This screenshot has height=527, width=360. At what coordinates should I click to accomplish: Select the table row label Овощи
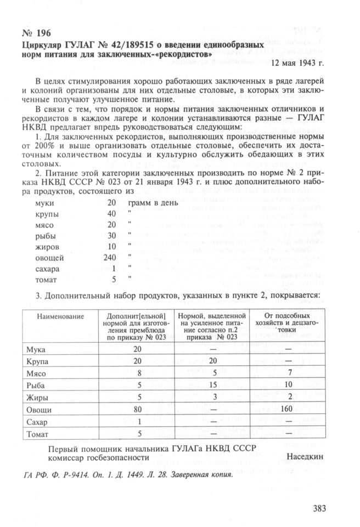click(39, 410)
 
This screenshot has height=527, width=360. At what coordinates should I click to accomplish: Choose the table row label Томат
click(38, 434)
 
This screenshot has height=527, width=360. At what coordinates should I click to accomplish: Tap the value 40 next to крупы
click(112, 213)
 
